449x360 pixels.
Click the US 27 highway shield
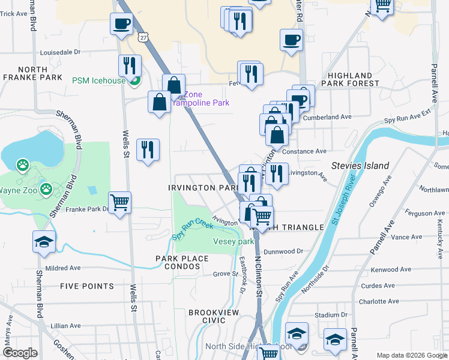142,37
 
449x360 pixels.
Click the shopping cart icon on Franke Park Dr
120,202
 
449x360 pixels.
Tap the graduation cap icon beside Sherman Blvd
44,241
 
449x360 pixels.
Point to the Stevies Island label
360,166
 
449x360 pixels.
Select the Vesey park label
234,241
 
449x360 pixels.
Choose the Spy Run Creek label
193,228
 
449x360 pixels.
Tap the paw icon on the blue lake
23,164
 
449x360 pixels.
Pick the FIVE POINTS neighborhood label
83,286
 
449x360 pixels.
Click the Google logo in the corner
20,353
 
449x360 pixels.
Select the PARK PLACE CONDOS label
182,263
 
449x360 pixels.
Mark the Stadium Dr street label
331,314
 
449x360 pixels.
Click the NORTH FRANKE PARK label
32,73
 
